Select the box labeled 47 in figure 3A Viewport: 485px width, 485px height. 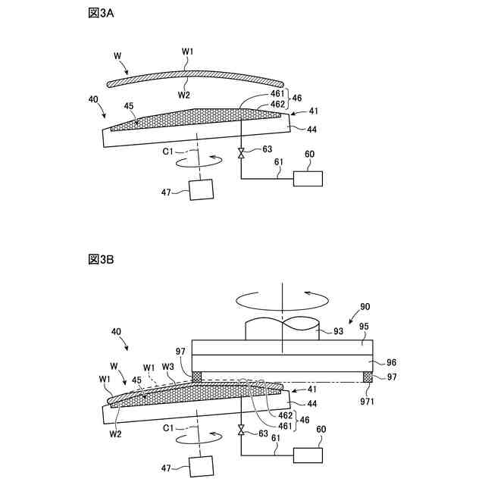point(202,189)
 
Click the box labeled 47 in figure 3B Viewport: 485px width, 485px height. point(202,465)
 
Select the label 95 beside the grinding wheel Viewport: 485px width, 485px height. point(364,327)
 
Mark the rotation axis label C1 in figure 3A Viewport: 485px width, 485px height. point(169,151)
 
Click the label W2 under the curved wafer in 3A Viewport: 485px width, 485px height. point(184,95)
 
